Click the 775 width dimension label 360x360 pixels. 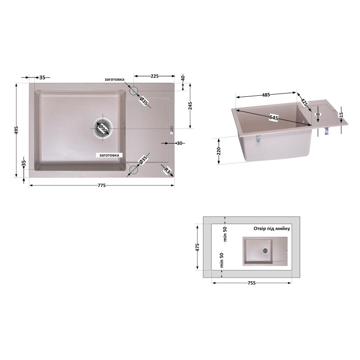pyautogui.click(x=102, y=185)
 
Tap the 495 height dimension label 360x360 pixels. pyautogui.click(x=16, y=130)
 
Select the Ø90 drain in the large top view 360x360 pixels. pyautogui.click(x=103, y=128)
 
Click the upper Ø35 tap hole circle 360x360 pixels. pyautogui.click(x=133, y=91)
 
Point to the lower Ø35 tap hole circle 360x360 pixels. pyautogui.click(x=133, y=170)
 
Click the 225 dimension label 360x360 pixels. pyautogui.click(x=154, y=76)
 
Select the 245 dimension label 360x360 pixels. pyautogui.click(x=190, y=106)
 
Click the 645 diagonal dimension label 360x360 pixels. pyautogui.click(x=274, y=118)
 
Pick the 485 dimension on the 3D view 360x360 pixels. pyautogui.click(x=266, y=95)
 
